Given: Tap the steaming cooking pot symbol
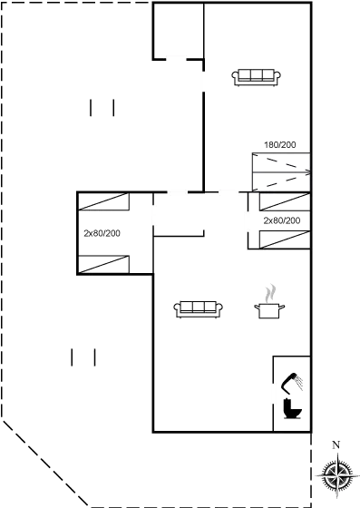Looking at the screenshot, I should pyautogui.click(x=269, y=308).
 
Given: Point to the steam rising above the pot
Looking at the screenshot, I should pyautogui.click(x=268, y=293).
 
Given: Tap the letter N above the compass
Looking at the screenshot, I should pyautogui.click(x=336, y=444).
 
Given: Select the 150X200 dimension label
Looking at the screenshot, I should pyautogui.click(x=279, y=145).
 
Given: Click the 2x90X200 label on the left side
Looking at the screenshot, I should pyautogui.click(x=102, y=234).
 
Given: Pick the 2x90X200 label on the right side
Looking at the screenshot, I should pyautogui.click(x=282, y=220).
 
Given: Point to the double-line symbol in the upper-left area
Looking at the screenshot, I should pyautogui.click(x=102, y=109).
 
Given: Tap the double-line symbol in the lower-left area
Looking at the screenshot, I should pyautogui.click(x=83, y=357).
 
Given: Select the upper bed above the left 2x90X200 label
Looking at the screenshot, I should pyautogui.click(x=102, y=203).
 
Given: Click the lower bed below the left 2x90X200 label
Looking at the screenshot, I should pyautogui.click(x=102, y=265).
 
